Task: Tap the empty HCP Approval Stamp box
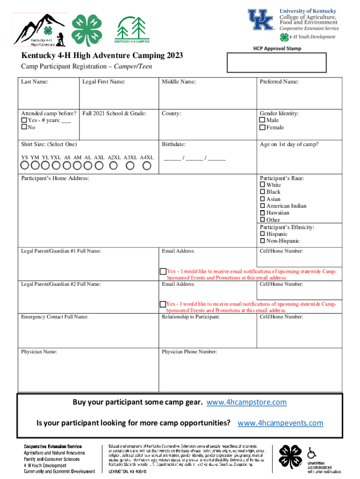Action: point(277,63)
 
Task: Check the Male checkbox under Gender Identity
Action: point(262,121)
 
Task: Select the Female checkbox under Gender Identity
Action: point(262,128)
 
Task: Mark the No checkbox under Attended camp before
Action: point(24,128)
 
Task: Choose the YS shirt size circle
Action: point(25,166)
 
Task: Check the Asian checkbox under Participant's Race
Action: point(262,199)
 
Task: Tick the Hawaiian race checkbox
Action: point(262,213)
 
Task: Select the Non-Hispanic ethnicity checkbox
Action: point(262,241)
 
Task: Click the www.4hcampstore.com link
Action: point(246,402)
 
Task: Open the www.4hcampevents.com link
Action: point(281,423)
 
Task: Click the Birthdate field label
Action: point(173,145)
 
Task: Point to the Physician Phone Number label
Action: point(189,351)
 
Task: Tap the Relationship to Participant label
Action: point(191,317)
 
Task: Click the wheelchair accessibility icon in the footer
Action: point(311,453)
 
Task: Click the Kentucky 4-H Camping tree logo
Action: point(132,29)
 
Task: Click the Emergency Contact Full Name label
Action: point(54,317)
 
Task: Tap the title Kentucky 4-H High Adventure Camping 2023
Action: point(102,56)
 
